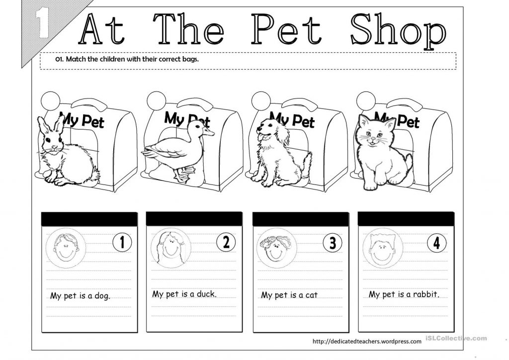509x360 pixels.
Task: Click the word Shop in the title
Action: click(x=398, y=30)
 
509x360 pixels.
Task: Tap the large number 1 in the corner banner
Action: click(x=43, y=23)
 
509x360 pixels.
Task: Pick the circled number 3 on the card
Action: click(x=333, y=243)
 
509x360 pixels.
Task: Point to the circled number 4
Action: click(x=436, y=243)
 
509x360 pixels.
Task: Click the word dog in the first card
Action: click(x=102, y=296)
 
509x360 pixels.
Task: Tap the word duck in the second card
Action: click(x=206, y=294)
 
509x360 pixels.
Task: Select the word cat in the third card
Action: click(x=311, y=295)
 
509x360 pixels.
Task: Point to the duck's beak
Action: click(x=208, y=131)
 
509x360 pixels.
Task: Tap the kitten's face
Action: click(x=373, y=133)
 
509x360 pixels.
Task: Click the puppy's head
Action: click(x=271, y=130)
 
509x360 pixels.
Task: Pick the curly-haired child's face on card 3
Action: click(x=276, y=248)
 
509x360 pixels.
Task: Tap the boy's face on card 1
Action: click(x=66, y=248)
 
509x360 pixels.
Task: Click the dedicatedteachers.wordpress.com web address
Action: click(x=367, y=341)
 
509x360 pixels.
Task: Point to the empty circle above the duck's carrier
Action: click(x=156, y=100)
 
